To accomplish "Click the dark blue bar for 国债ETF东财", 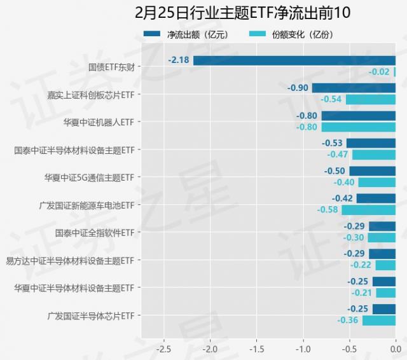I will click(x=294, y=60).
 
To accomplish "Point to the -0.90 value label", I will click(x=298, y=88).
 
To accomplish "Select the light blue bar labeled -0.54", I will click(x=370, y=99).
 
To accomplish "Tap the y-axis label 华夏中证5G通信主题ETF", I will click(x=89, y=177).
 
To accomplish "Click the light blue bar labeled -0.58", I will click(x=368, y=209).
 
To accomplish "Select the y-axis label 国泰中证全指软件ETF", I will click(x=94, y=232).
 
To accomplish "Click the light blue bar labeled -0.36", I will click(x=379, y=320).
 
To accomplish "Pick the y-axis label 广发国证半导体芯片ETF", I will click(x=90, y=315).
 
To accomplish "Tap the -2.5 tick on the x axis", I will click(x=163, y=349).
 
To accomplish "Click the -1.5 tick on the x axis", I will click(x=256, y=349).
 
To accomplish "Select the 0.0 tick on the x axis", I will click(x=395, y=349).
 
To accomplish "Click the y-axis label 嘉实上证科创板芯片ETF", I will click(x=90, y=94).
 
